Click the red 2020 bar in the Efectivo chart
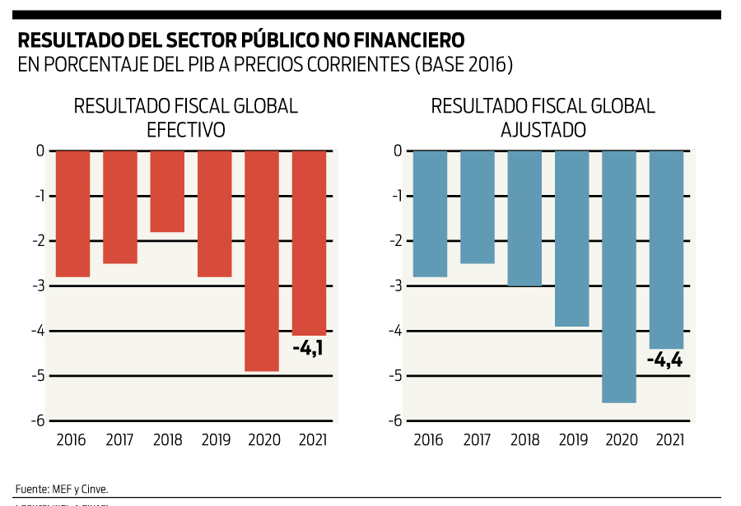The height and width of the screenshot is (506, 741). (x=262, y=261)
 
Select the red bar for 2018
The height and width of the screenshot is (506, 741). (x=167, y=192)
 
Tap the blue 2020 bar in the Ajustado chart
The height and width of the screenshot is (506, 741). (x=619, y=276)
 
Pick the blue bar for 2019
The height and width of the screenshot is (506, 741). (x=572, y=239)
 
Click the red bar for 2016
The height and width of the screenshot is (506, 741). (x=72, y=214)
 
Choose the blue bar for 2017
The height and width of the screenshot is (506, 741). (x=478, y=207)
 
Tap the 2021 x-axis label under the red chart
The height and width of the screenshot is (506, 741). (x=310, y=439)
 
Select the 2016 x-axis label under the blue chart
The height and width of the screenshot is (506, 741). (x=429, y=439)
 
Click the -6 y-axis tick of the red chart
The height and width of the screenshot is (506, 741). (x=38, y=420)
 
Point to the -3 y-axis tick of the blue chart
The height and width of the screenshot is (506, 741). (x=396, y=285)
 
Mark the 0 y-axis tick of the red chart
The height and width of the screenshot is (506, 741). (x=40, y=151)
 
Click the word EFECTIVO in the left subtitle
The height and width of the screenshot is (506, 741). (x=185, y=130)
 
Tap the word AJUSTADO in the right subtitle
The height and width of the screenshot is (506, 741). (x=543, y=130)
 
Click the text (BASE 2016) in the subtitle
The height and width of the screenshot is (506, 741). (x=465, y=65)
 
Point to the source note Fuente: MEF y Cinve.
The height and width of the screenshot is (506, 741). (x=62, y=488)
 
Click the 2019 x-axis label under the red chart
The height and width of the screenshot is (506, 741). (x=215, y=439)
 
